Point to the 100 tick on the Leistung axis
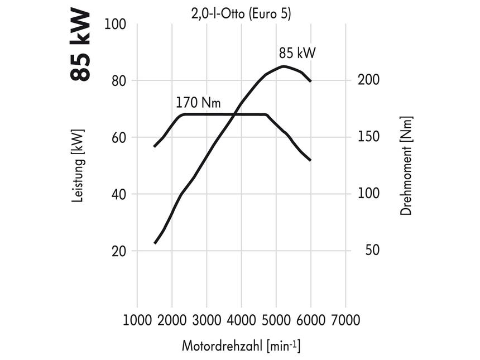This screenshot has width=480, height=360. point(116,25)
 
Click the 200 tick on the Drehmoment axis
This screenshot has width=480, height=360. point(368,80)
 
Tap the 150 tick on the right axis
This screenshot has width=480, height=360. point(368,137)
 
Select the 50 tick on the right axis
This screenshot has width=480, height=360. point(368,251)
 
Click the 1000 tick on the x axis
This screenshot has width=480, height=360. point(137,320)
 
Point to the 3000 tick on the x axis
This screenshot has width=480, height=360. point(207,320)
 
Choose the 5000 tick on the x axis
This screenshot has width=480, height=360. point(276,320)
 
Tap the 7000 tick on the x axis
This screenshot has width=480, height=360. point(345,320)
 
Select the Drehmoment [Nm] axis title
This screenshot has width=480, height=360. point(406,166)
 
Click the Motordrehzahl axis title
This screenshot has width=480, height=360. point(241,345)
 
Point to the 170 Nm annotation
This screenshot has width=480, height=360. point(198,103)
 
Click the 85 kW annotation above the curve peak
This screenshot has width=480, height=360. point(297,54)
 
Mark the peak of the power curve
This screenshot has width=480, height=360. point(284,66)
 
